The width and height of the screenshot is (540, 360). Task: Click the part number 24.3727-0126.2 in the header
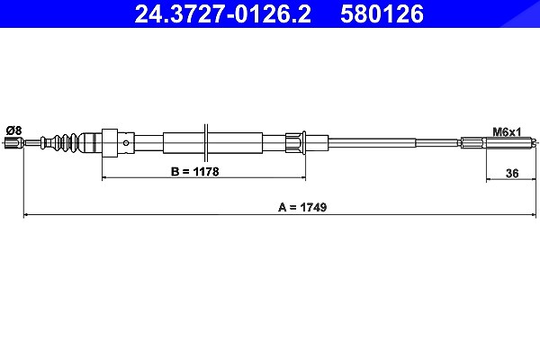(x=222, y=14)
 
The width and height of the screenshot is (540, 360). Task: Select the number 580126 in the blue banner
(x=382, y=14)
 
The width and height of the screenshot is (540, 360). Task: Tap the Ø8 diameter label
(x=13, y=130)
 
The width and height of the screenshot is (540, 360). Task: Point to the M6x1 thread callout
(x=507, y=131)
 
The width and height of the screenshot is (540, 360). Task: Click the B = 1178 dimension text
(x=195, y=171)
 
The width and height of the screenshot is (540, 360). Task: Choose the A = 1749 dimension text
(x=302, y=207)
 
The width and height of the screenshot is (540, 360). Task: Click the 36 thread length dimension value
(x=512, y=174)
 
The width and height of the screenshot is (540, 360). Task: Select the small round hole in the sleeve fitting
(x=127, y=142)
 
